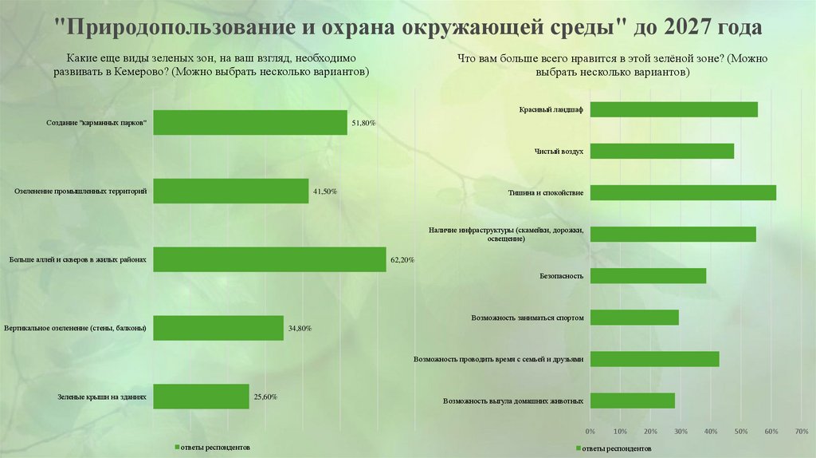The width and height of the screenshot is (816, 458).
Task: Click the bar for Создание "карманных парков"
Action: [249, 122]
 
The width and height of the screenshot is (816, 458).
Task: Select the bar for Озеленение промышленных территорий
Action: [230, 191]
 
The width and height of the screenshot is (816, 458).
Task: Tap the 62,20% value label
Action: [402, 260]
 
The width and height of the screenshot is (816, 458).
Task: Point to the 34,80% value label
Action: [299, 329]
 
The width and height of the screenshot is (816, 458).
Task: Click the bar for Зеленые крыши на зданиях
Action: [201, 397]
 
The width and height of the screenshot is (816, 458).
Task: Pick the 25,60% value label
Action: [265, 397]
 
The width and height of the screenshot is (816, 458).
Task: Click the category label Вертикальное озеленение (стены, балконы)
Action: [75, 328]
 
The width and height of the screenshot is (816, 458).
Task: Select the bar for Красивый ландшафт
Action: [673, 109]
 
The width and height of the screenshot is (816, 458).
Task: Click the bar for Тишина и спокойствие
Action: [683, 192]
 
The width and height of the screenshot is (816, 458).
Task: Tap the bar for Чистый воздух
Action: [661, 151]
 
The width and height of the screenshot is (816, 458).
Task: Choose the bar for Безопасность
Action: [648, 275]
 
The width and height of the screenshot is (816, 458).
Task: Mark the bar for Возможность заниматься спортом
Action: [634, 318]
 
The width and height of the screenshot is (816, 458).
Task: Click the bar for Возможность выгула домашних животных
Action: [632, 401]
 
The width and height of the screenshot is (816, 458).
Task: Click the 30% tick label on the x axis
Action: [681, 431]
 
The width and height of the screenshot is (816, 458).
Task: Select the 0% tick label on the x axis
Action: [590, 431]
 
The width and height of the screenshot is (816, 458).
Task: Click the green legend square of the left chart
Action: [176, 447]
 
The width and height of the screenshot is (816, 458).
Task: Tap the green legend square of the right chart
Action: [577, 448]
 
